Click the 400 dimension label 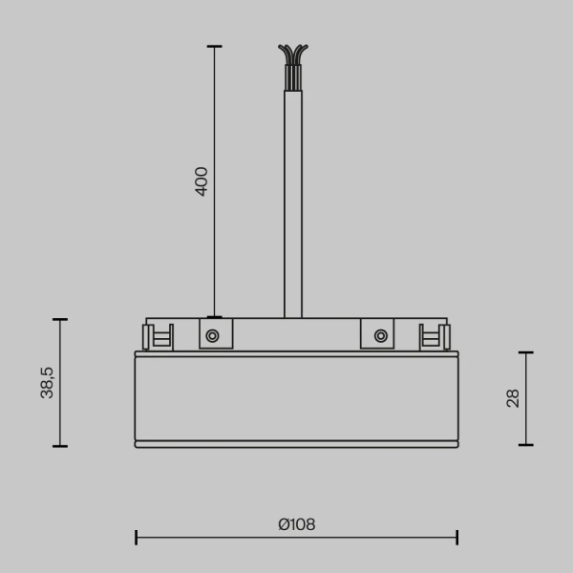(202, 180)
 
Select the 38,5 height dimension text (47, 382)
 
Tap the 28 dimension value (513, 398)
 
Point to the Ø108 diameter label (296, 524)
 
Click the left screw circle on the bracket (212, 335)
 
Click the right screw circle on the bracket (380, 335)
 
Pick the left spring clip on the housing (158, 336)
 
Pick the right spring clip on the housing (435, 336)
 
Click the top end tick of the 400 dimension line (214, 46)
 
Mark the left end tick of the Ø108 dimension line (136, 537)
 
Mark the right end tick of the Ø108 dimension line (457, 537)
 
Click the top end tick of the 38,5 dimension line (60, 320)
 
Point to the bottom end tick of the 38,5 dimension (60, 446)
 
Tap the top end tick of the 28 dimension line (525, 352)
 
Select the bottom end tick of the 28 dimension (525, 445)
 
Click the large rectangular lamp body (296, 398)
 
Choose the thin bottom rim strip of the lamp (296, 444)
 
